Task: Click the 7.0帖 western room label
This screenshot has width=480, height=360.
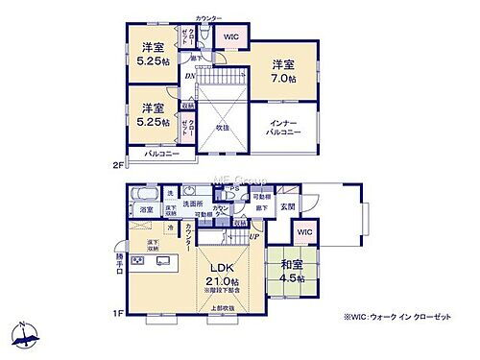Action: tap(281, 70)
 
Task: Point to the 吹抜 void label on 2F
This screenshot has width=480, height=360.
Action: tap(223, 125)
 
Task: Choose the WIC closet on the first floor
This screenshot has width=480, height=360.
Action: tap(304, 232)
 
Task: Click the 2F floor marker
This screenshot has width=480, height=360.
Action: tap(118, 164)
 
